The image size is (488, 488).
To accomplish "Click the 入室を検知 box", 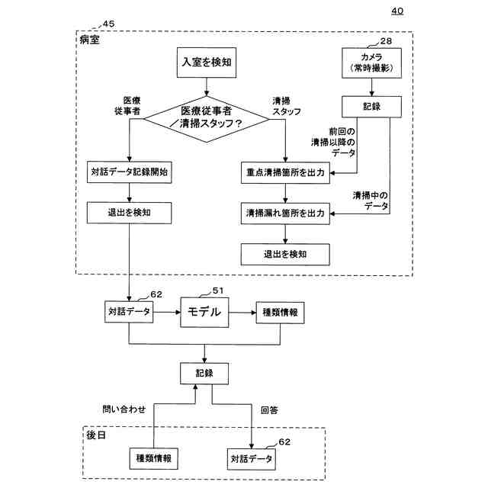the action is (207, 63).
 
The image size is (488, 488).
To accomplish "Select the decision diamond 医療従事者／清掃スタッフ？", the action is (207, 119).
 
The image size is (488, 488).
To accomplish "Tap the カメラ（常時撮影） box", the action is (371, 63).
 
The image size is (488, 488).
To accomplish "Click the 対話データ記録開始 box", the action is (129, 172).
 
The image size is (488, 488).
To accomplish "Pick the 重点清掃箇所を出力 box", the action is (285, 173).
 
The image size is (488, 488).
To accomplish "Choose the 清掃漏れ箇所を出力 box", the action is (285, 213).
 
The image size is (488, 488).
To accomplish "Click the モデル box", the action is (204, 312).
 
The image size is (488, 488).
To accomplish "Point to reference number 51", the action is (218, 291).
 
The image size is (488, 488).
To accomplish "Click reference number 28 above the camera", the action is (386, 41).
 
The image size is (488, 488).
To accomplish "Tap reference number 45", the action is (108, 24).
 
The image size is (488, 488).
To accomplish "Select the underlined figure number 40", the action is (397, 11).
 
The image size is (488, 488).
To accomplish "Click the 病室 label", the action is (90, 40).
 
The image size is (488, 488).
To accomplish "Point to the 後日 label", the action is (96, 435).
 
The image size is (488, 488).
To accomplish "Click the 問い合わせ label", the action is (124, 409).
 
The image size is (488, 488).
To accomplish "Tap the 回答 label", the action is (269, 410).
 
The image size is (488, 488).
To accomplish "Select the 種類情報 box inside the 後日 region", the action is (154, 458).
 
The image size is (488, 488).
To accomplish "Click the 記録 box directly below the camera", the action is (371, 107).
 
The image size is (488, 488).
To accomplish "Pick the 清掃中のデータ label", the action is (371, 201).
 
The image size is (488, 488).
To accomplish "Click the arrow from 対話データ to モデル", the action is (167, 312).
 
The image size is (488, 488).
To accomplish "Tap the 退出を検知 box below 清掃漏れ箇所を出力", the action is (285, 255).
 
